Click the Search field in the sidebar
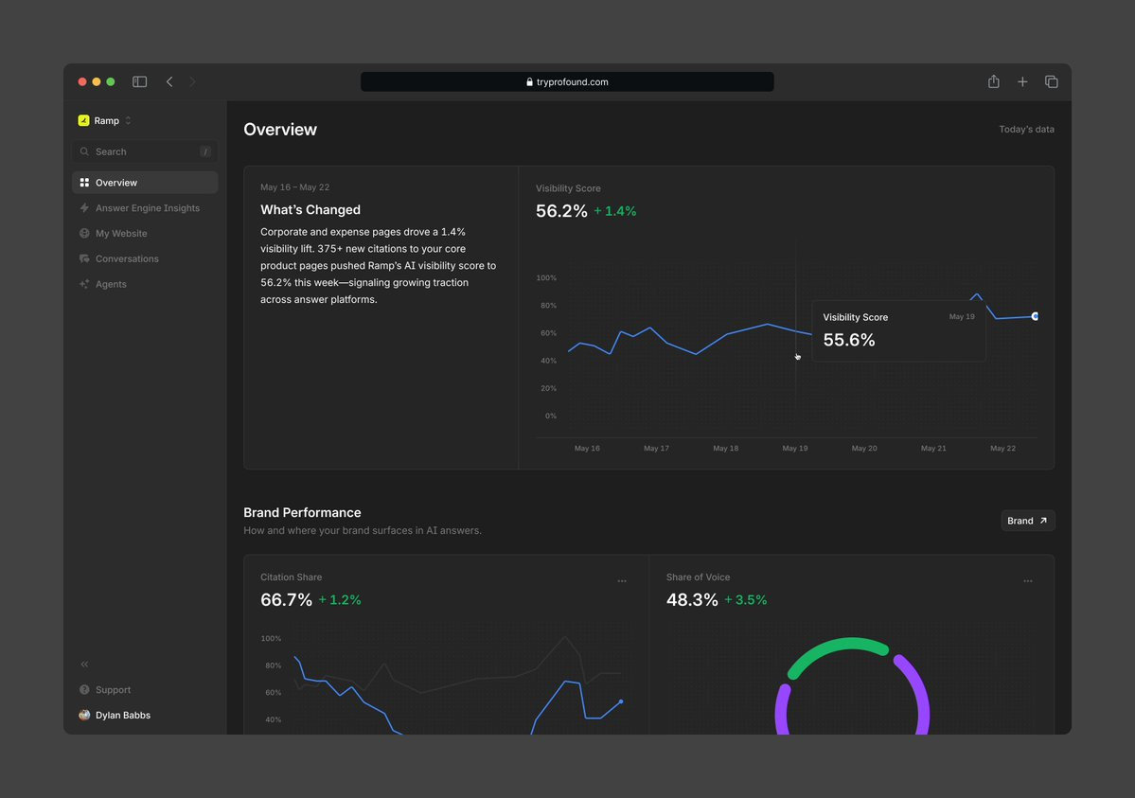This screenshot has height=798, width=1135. [145, 151]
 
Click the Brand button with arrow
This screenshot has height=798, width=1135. [1028, 521]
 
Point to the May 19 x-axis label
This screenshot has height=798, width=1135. [795, 449]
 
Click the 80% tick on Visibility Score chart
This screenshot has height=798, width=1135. [548, 306]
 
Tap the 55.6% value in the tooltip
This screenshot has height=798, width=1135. [849, 340]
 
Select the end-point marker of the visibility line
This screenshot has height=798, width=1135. [1035, 316]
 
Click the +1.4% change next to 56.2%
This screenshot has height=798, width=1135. [614, 211]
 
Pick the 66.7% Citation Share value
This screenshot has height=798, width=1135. [286, 599]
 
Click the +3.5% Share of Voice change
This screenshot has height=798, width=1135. [746, 599]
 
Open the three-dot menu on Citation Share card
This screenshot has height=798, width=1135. [622, 581]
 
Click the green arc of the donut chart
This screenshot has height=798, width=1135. [838, 645]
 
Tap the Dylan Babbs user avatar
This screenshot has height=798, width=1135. [84, 715]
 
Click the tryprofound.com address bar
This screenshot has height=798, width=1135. [567, 81]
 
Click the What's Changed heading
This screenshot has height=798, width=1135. [310, 209]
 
